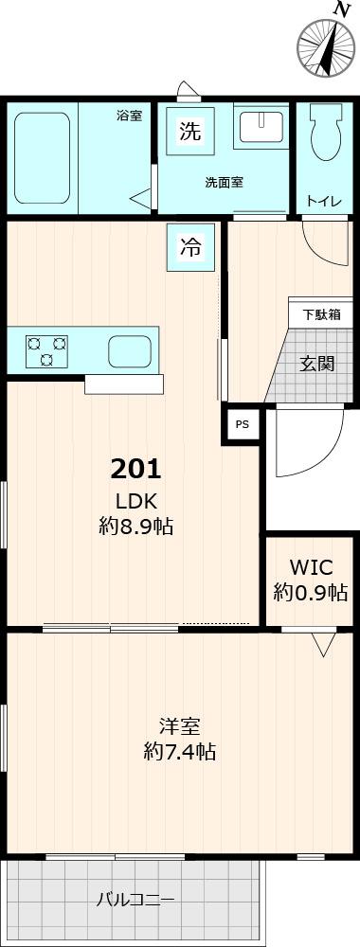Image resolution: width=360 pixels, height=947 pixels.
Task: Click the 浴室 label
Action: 129,116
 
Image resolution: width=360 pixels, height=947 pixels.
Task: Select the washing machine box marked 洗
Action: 190,132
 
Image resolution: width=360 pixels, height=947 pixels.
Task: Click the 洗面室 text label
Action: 225,182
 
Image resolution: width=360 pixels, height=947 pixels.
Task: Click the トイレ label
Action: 318,201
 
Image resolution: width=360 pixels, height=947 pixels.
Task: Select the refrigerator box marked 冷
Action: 190,248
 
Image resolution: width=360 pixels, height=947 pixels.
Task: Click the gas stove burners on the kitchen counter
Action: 46,350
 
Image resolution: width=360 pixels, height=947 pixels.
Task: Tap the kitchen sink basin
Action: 129,350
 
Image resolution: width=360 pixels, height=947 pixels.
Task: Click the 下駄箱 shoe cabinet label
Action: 321,314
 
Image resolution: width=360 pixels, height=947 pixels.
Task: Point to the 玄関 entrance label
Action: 317,363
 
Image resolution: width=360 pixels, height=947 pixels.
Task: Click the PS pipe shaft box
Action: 243,424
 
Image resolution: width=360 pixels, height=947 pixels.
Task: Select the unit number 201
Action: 136,468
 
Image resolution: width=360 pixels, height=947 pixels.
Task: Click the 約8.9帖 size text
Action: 136,527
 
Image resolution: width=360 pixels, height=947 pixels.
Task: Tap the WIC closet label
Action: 310,567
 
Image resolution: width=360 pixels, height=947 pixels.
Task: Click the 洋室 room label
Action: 179,727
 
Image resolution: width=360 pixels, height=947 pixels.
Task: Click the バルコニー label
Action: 135,900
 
